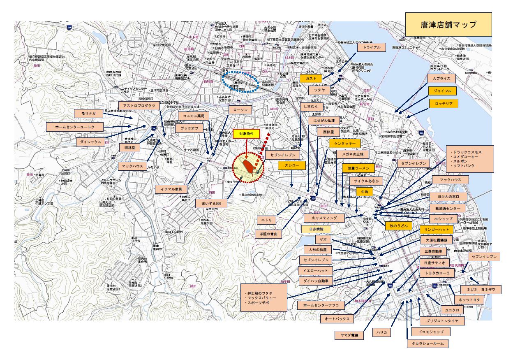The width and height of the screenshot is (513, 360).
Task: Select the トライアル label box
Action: [372, 47]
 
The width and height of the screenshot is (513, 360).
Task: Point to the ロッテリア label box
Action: [443, 104]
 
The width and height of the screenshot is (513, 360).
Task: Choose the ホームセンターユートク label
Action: [72, 127]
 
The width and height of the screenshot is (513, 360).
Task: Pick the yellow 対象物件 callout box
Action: [247, 134]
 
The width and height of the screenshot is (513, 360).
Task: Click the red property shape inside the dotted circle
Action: [249, 165]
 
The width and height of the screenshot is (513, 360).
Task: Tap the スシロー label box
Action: [292, 165]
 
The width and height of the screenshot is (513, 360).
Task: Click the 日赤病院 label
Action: [316, 229]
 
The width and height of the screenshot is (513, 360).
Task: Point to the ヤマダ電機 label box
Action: [349, 336]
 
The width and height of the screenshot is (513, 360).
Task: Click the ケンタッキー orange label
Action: [344, 143]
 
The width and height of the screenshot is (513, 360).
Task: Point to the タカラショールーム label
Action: [427, 343]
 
